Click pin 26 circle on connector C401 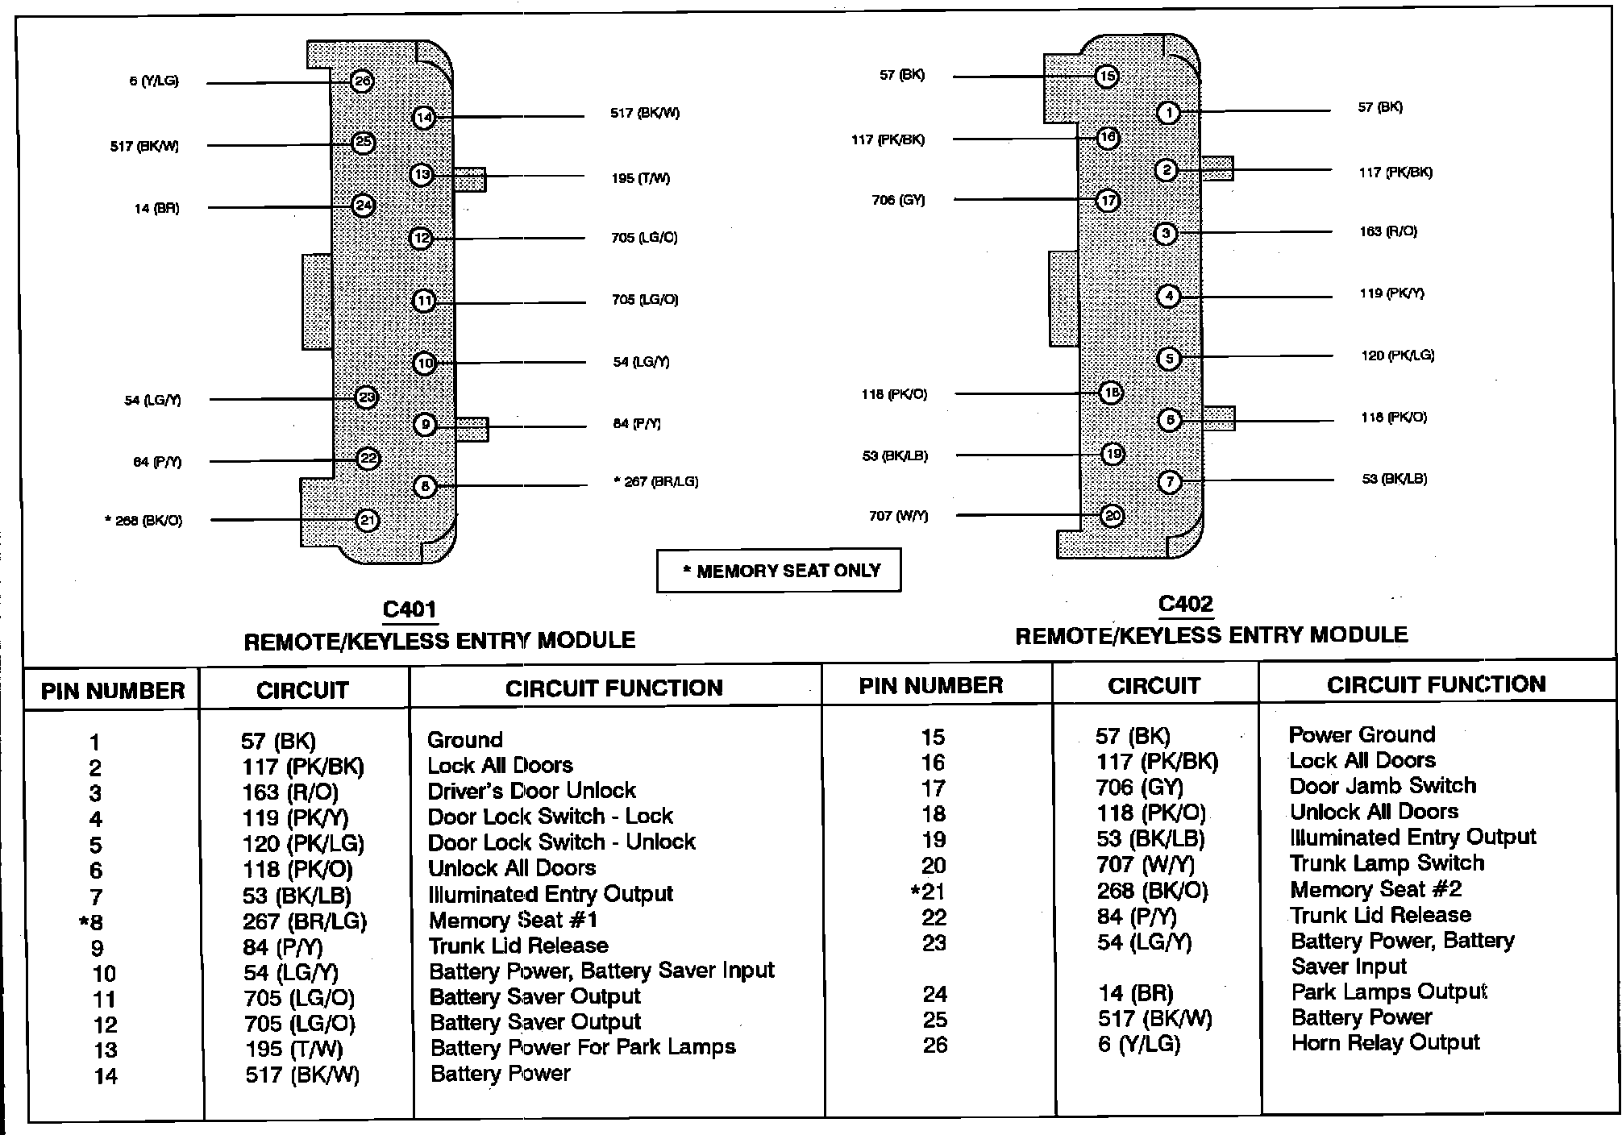[x=362, y=81]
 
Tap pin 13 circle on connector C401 [x=422, y=175]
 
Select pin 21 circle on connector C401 [x=368, y=521]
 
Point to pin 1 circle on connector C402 [x=1168, y=112]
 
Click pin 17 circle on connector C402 [x=1108, y=200]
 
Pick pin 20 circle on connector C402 [x=1113, y=516]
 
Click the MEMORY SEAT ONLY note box [x=779, y=571]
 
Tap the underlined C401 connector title [x=410, y=609]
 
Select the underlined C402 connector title [x=1185, y=605]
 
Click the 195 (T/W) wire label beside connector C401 [x=641, y=178]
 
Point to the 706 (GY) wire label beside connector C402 [x=898, y=200]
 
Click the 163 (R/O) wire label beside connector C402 [x=1388, y=231]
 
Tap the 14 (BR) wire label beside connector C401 [x=156, y=209]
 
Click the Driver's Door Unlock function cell [x=531, y=791]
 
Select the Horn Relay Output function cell [x=1385, y=1043]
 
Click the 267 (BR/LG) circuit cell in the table [x=305, y=921]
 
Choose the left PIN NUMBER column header [x=113, y=691]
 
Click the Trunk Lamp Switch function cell [x=1387, y=863]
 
